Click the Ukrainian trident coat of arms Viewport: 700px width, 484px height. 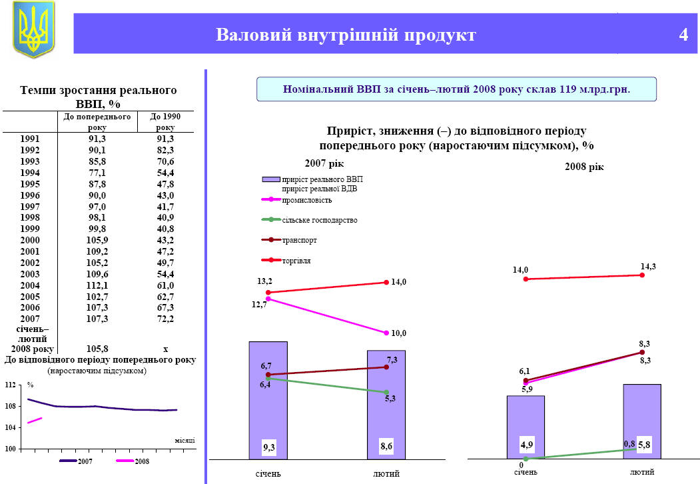[33, 29]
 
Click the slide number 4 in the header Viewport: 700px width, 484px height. [683, 35]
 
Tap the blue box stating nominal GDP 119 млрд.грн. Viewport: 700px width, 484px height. [456, 89]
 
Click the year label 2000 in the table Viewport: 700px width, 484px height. [31, 240]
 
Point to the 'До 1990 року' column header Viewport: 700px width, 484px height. [165, 121]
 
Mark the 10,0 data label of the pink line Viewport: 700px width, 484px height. [398, 333]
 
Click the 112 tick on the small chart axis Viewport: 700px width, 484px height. [10, 385]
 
